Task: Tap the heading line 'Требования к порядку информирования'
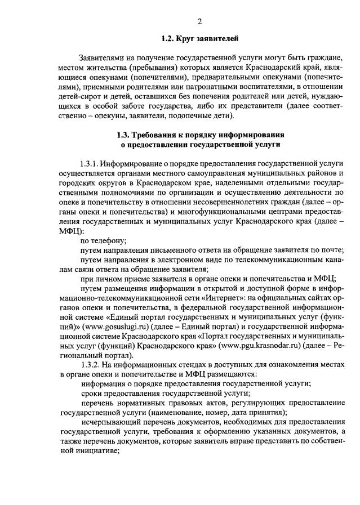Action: tap(208, 135)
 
